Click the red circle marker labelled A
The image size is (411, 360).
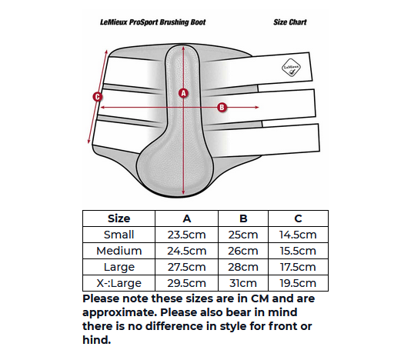(x=183, y=93)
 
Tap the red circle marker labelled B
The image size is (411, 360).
(x=222, y=107)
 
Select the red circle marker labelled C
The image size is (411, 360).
(x=98, y=97)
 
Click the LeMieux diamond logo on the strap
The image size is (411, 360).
(x=291, y=68)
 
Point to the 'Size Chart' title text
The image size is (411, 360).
(x=290, y=22)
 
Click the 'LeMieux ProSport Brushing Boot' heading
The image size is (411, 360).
(x=153, y=22)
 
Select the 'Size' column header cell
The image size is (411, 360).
(x=119, y=218)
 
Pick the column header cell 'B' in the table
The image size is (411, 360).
(x=243, y=218)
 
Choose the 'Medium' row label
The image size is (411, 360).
(x=119, y=251)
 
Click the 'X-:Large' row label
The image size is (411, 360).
(x=119, y=283)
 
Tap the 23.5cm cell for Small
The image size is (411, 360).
(x=186, y=235)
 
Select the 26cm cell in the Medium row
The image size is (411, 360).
(x=243, y=251)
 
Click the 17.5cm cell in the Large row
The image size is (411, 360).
(x=298, y=267)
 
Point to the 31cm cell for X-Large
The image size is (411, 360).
(x=243, y=283)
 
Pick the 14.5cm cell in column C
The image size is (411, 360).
(x=298, y=235)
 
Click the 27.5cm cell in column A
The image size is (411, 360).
(x=186, y=267)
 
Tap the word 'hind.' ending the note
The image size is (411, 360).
(x=97, y=340)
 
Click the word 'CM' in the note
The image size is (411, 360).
(x=259, y=298)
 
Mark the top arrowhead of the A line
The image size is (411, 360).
(x=183, y=48)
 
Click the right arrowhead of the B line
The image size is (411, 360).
(x=257, y=107)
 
